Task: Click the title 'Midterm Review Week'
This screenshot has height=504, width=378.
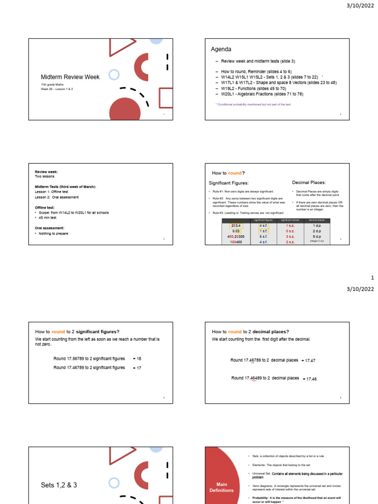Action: coord(70,77)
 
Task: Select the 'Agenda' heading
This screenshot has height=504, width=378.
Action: coord(221,49)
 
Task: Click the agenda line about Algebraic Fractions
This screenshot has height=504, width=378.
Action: coord(262,94)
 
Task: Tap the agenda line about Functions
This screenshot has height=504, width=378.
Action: coord(253,88)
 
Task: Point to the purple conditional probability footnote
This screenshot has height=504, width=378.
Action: coord(252,104)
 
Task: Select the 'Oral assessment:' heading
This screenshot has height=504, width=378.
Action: coord(49,228)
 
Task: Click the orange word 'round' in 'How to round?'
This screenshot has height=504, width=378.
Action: coord(234,173)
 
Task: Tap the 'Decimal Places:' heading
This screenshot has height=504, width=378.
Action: coord(309,183)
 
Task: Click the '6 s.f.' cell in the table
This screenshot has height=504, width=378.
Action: coord(264,236)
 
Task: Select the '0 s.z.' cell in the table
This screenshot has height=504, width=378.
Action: coord(290,231)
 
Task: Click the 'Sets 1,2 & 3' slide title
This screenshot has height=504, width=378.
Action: coord(59,485)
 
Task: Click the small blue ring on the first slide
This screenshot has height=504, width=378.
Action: coord(114,75)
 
